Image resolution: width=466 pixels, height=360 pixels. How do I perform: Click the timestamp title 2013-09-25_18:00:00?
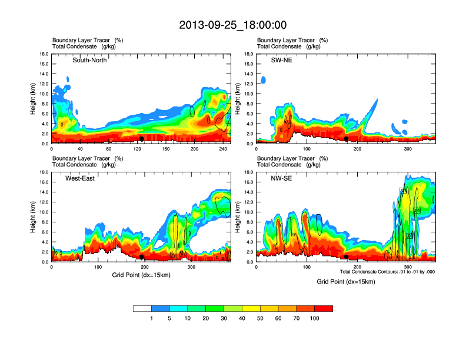pos(233,25)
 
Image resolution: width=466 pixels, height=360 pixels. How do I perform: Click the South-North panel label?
pos(89,60)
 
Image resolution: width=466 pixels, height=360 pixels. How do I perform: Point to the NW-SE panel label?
pos(281,178)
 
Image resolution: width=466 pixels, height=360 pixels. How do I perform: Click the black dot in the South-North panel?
pos(142,139)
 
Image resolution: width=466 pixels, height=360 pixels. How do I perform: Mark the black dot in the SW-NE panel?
pos(347,139)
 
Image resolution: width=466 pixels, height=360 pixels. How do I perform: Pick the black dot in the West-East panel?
pos(142,257)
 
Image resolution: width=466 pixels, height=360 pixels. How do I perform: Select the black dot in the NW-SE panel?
pos(347,257)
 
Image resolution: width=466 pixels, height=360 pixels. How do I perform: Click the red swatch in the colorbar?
pos(324,308)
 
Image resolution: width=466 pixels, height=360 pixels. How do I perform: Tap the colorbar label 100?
pos(315,318)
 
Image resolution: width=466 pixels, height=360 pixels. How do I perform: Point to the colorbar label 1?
pos(152,318)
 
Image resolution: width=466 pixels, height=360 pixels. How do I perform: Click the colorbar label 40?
pos(242,318)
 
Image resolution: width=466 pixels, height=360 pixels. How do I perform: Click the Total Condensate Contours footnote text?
pos(386,271)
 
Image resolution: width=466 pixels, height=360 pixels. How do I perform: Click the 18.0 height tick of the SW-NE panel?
pos(249,54)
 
